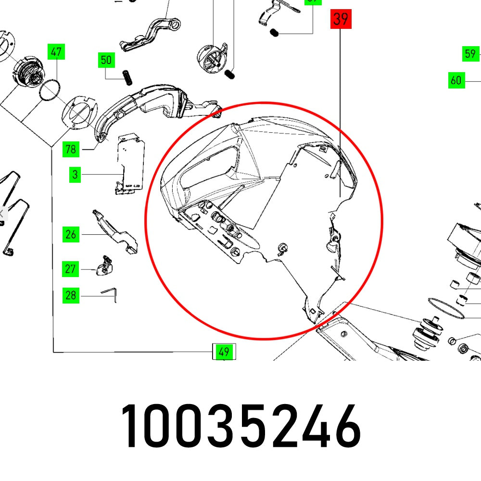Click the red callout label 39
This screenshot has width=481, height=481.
click(x=341, y=19)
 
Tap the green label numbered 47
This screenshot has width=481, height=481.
click(x=56, y=51)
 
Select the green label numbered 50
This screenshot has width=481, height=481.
click(x=106, y=60)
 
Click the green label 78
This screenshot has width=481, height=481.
click(x=71, y=149)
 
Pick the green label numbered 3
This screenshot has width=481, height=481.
click(x=75, y=175)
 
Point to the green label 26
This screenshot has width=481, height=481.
click(x=71, y=235)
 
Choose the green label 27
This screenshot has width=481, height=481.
click(x=71, y=268)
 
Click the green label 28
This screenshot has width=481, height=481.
click(x=71, y=295)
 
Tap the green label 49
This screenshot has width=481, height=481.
click(x=224, y=352)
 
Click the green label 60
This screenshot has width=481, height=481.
click(x=456, y=80)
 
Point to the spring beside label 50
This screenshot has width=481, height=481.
click(x=127, y=76)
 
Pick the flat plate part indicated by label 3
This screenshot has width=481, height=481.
click(x=130, y=164)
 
